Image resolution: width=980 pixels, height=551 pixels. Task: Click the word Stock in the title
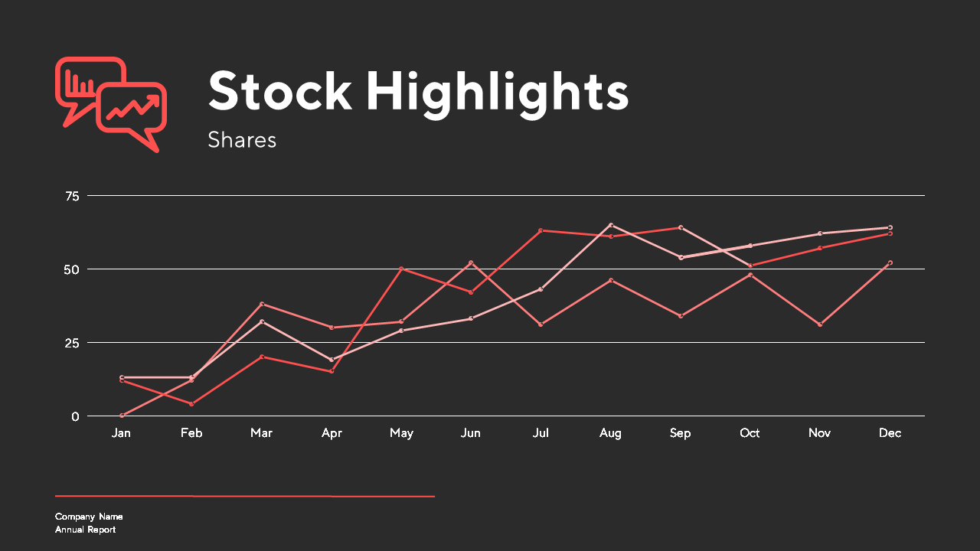click(x=280, y=90)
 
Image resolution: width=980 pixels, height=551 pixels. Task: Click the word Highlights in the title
click(x=497, y=93)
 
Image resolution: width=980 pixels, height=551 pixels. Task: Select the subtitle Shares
click(x=242, y=140)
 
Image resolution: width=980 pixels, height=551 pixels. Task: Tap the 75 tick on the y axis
click(x=72, y=197)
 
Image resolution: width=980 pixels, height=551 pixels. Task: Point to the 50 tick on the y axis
click(x=72, y=270)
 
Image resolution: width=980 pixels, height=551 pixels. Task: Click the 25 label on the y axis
click(x=72, y=344)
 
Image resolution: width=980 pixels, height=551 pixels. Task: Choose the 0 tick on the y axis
click(x=75, y=417)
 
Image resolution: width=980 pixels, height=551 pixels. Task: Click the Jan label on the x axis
click(x=121, y=433)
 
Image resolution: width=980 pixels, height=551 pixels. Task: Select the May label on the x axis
click(x=402, y=433)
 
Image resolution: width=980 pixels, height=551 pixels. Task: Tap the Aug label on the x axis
click(x=610, y=433)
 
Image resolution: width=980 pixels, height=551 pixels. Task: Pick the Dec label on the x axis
click(x=890, y=433)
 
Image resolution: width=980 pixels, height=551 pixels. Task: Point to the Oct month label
click(x=750, y=433)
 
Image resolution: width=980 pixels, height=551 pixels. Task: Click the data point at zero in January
click(x=122, y=416)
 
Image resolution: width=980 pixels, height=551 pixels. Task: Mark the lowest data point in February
click(x=191, y=404)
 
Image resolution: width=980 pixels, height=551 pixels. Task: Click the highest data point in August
click(x=611, y=225)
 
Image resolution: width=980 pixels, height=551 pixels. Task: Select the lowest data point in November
click(x=820, y=324)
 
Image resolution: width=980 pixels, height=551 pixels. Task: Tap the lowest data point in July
click(x=541, y=324)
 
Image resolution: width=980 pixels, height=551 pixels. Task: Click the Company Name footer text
click(x=89, y=517)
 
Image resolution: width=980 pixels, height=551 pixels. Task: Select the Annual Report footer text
click(x=85, y=530)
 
